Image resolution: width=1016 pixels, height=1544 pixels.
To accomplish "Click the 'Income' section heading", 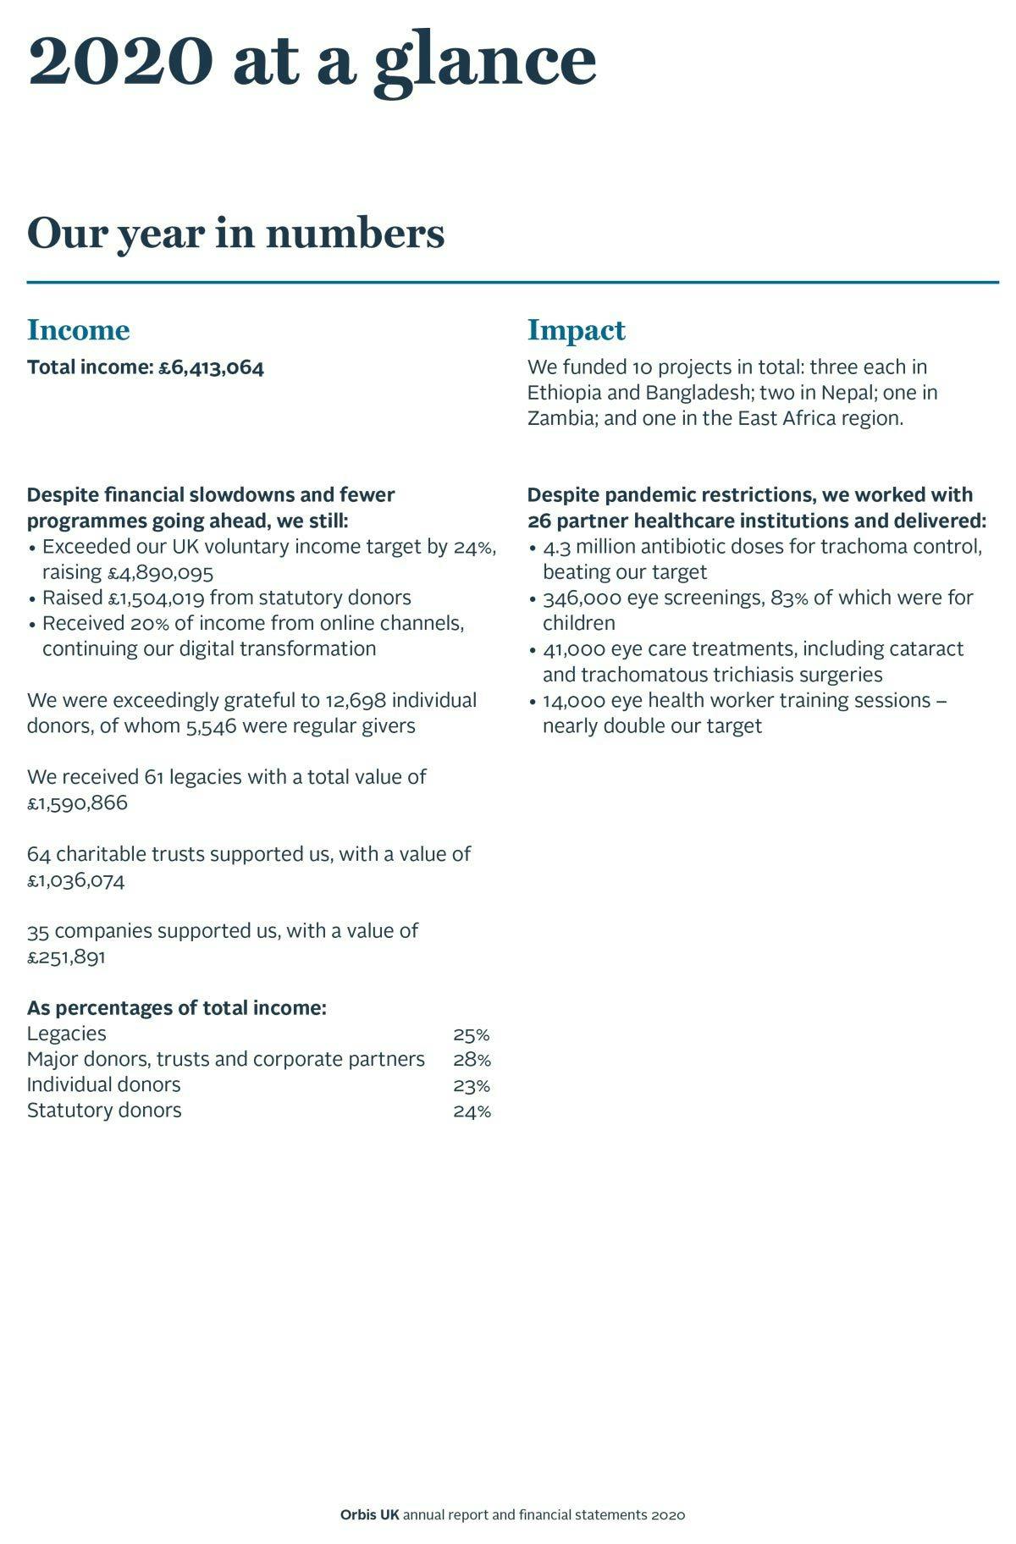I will click(x=79, y=329).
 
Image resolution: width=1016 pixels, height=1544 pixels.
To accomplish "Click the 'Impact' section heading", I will click(x=576, y=329).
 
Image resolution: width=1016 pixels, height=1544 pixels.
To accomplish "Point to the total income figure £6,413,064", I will click(x=212, y=367).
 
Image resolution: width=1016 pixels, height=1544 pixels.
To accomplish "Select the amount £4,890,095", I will click(x=160, y=572).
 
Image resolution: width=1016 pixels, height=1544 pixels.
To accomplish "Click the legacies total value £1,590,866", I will click(x=77, y=802).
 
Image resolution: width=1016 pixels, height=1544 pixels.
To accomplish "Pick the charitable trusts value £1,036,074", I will click(x=75, y=880).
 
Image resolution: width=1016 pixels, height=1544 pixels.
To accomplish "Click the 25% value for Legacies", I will click(x=472, y=1034).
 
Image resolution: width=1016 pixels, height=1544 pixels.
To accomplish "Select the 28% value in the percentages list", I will click(x=472, y=1060).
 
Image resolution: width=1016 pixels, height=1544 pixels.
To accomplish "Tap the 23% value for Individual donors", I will click(x=472, y=1085).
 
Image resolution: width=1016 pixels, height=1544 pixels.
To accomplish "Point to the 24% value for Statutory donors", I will click(x=472, y=1111).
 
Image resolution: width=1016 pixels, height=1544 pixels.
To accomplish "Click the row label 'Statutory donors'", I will click(x=104, y=1110).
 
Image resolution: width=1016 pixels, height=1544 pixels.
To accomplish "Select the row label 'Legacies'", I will click(x=67, y=1034).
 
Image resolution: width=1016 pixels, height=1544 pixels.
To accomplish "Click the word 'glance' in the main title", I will click(x=485, y=63).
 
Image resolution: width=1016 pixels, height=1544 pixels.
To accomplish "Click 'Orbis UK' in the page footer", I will click(x=369, y=1514).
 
